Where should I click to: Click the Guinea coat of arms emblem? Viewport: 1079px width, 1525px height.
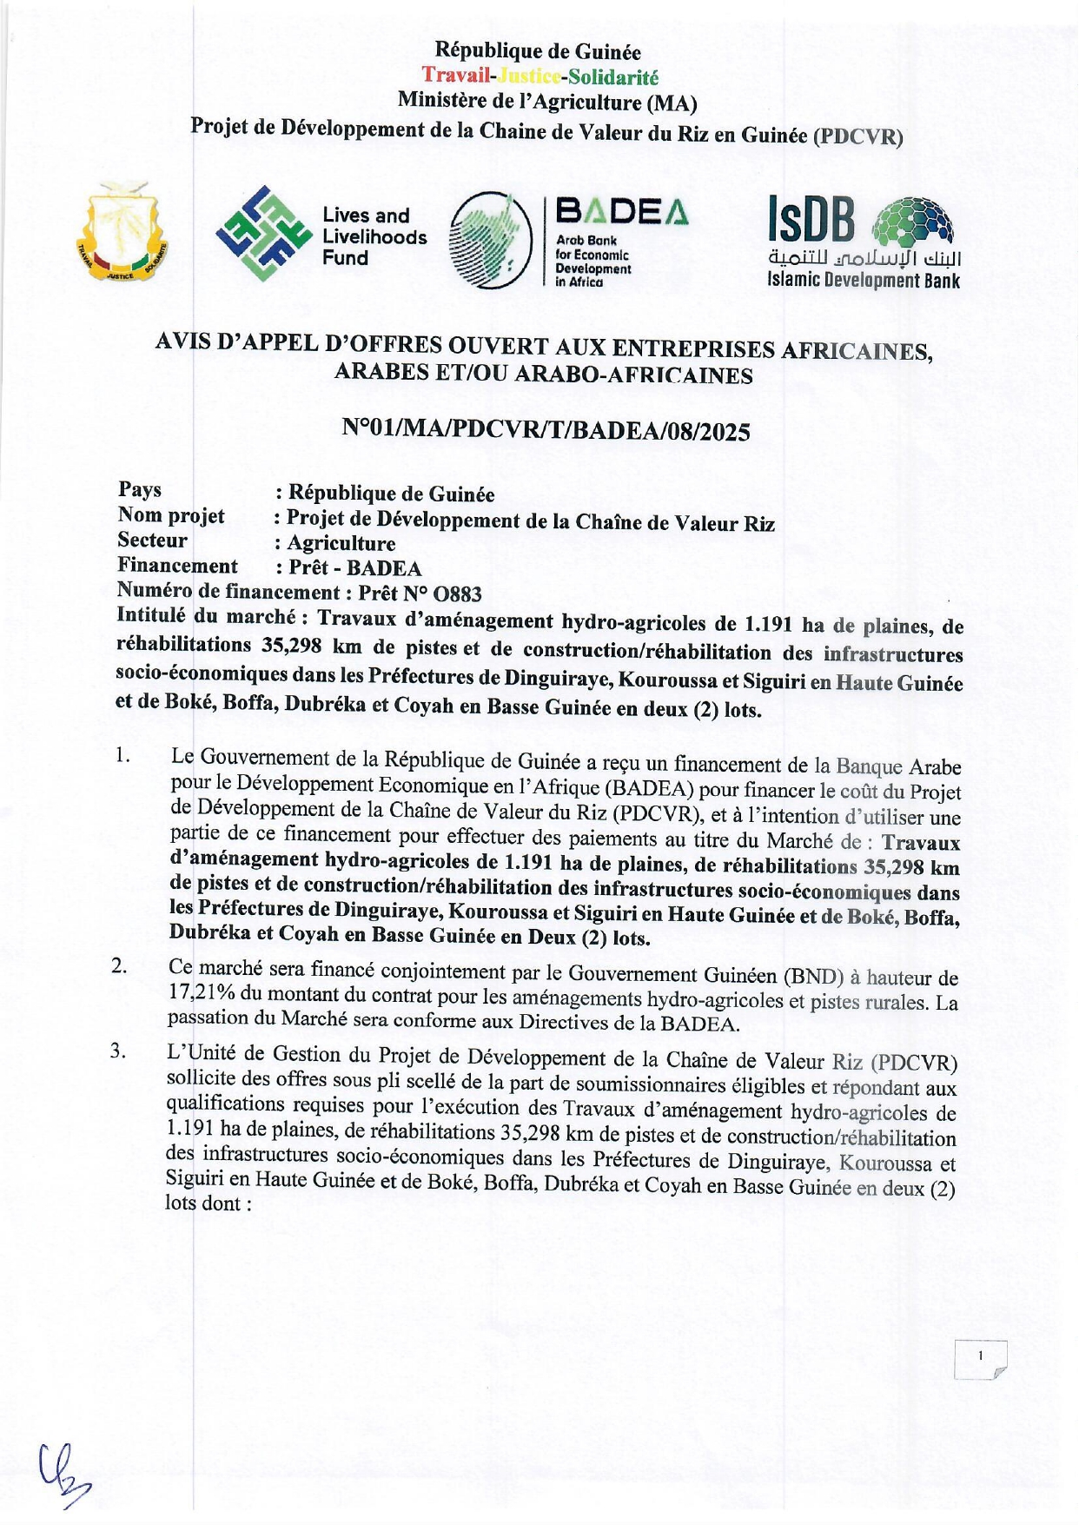click(x=121, y=233)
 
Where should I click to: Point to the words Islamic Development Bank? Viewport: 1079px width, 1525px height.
click(x=863, y=280)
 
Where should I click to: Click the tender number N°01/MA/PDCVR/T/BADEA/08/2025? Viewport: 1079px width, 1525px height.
click(x=546, y=430)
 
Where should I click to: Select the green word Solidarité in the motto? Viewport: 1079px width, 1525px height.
click(x=612, y=78)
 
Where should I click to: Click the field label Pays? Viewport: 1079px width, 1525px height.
click(x=140, y=490)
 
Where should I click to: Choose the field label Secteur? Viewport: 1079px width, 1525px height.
click(x=153, y=540)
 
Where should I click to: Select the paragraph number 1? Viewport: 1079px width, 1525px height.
click(x=122, y=756)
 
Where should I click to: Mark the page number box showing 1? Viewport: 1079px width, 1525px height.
click(x=980, y=1359)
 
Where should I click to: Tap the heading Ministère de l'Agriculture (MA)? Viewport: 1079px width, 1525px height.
click(x=546, y=103)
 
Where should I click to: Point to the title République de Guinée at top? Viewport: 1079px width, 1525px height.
click(x=538, y=51)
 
